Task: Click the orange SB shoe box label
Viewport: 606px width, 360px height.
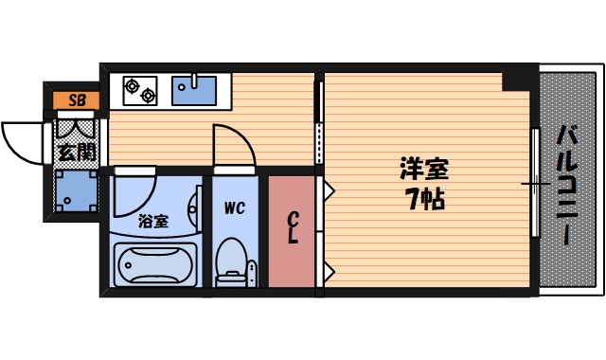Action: click(74, 99)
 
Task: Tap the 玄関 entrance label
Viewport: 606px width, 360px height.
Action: click(74, 152)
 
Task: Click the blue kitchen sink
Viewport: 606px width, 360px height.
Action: click(195, 91)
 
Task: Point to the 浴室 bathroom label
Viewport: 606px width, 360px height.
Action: click(152, 222)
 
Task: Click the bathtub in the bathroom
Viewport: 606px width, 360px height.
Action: click(153, 266)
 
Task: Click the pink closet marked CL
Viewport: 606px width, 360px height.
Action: click(293, 230)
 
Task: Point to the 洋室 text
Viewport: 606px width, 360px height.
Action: click(422, 171)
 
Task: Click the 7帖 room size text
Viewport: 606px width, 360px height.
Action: click(422, 200)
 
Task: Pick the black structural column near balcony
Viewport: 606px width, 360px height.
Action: click(519, 78)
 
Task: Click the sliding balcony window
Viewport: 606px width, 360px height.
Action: click(533, 182)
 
